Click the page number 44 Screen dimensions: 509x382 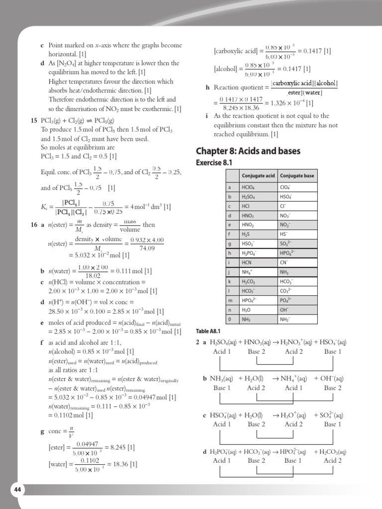(18, 490)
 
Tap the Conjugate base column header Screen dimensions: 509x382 (297, 176)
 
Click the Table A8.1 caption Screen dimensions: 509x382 (208, 331)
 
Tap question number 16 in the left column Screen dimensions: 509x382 (34, 225)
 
